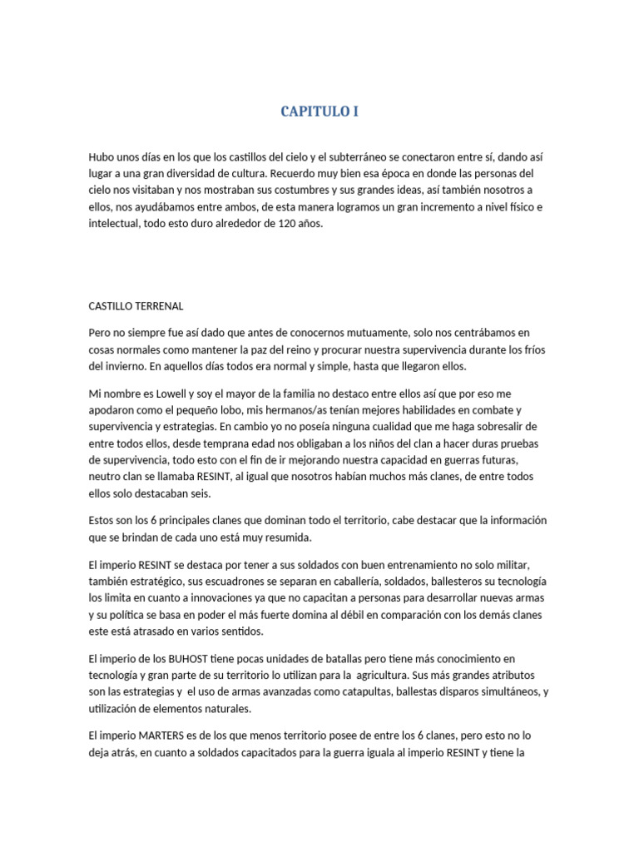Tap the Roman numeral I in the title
(355, 111)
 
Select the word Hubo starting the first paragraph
(102, 156)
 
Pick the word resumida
(284, 537)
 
